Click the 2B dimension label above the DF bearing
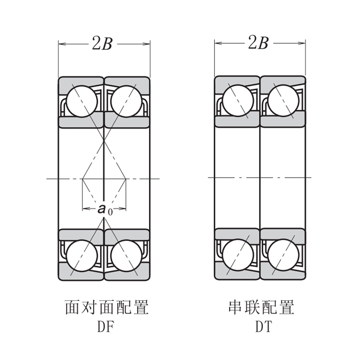(x=102, y=43)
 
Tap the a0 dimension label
(x=104, y=209)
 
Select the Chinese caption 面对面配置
(x=106, y=308)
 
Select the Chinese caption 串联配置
(x=261, y=308)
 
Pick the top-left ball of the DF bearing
(x=82, y=101)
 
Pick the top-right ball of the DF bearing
(x=126, y=101)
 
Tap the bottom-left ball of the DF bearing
(x=82, y=256)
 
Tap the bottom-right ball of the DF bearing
(x=126, y=256)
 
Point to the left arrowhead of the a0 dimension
(x=85, y=209)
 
